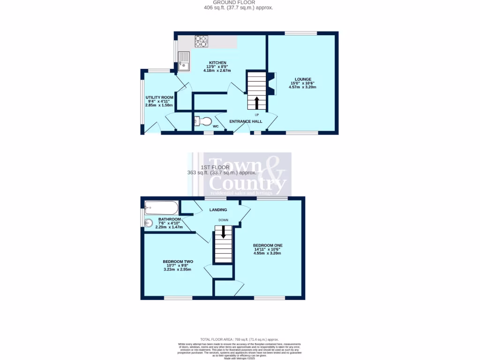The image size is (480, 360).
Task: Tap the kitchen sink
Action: [x=184, y=61]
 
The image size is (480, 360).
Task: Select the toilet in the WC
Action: [x=203, y=122]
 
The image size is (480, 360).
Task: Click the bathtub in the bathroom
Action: [x=161, y=207]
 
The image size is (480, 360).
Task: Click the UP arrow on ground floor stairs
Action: [x=256, y=102]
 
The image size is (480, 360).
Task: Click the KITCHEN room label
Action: [x=217, y=63]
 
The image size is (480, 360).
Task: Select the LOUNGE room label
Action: [x=303, y=79]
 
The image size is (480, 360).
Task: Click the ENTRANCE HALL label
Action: [x=246, y=121]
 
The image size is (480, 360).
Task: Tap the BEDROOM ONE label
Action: [x=268, y=245]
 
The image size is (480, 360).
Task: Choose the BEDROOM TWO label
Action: [x=178, y=262]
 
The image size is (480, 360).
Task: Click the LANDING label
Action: [x=218, y=210]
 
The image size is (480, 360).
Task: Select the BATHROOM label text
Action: [x=169, y=219]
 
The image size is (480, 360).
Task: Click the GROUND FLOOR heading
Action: [x=238, y=3]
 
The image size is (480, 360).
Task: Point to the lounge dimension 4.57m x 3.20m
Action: [x=303, y=87]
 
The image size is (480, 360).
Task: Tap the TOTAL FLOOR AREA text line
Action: [x=240, y=339]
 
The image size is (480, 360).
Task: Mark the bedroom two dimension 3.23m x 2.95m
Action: [x=178, y=270]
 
